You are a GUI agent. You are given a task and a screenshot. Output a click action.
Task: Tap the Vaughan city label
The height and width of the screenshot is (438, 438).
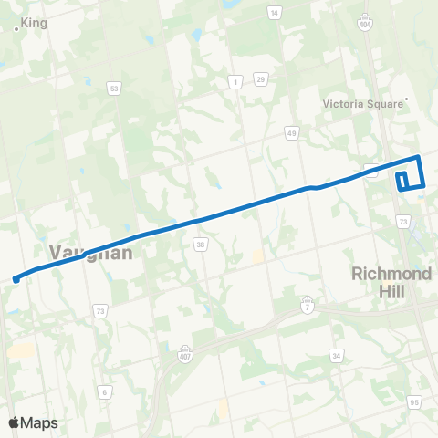(x=90, y=253)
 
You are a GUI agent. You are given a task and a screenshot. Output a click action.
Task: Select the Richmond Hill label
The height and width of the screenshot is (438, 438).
(x=391, y=281)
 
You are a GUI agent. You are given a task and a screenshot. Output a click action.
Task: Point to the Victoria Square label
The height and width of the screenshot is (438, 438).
(x=362, y=103)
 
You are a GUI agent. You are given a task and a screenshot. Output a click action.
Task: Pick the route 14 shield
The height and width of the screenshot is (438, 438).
(x=274, y=12)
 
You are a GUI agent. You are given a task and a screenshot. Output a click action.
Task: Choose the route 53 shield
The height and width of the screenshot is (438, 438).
(x=114, y=89)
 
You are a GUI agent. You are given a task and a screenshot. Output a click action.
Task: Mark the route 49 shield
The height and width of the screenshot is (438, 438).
(x=291, y=133)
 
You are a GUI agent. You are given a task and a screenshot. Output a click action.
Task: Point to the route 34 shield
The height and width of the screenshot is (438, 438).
(x=337, y=356)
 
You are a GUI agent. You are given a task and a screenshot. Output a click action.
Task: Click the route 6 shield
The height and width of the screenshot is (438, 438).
(x=106, y=391)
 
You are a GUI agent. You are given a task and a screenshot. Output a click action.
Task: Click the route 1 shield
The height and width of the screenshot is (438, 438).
(x=235, y=82)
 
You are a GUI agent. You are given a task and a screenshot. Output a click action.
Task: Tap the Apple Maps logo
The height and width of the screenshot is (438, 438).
(x=32, y=422)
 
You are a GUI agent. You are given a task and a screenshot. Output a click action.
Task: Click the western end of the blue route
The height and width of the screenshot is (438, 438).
(x=16, y=278)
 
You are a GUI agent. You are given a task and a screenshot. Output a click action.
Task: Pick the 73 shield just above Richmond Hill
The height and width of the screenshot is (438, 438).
(x=402, y=221)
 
